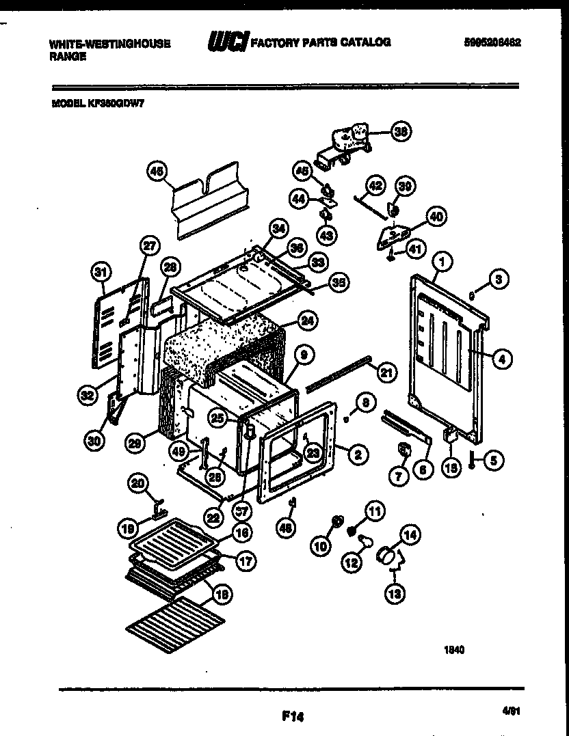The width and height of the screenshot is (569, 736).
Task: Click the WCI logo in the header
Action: (x=229, y=42)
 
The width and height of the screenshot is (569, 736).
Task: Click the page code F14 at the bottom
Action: (x=292, y=717)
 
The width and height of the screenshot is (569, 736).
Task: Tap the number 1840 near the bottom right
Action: (x=455, y=651)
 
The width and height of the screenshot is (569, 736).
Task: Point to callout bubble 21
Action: (x=386, y=372)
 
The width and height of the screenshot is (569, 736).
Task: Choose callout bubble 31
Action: (x=101, y=272)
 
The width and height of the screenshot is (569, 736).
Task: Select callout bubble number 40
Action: (x=434, y=217)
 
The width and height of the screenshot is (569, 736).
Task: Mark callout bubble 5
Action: (x=493, y=461)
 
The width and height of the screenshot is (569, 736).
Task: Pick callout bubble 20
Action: (x=139, y=484)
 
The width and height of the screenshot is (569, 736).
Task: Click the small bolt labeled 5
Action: (x=472, y=461)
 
